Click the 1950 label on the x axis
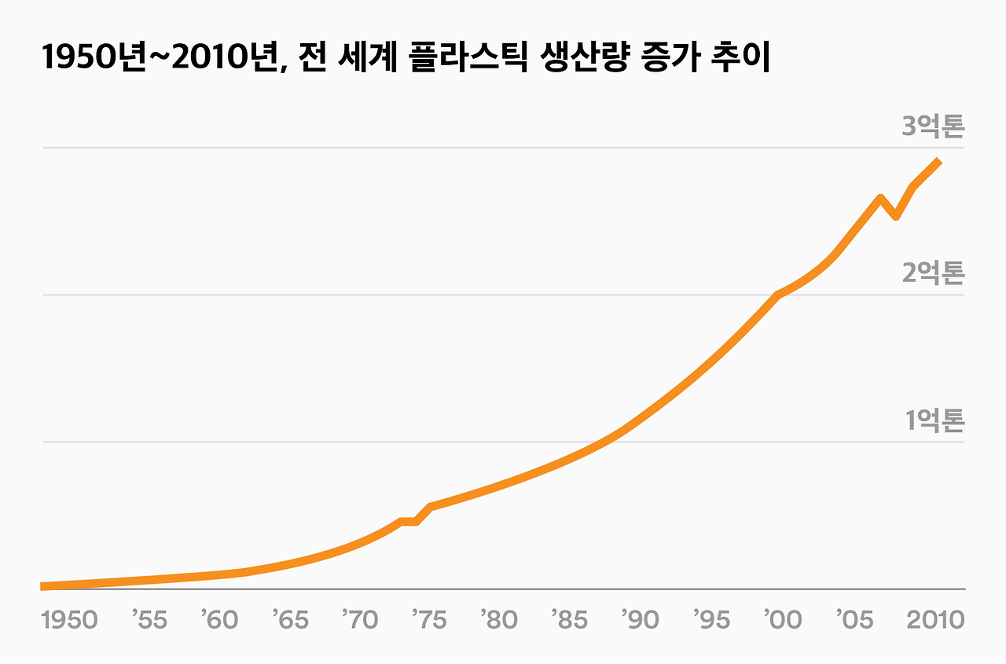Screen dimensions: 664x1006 (x=69, y=620)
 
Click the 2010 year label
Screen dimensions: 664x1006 (x=934, y=620)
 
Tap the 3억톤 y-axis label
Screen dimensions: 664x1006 (x=932, y=127)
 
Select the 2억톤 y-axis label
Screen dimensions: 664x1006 (x=932, y=273)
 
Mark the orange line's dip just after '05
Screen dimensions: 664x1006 (x=896, y=216)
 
